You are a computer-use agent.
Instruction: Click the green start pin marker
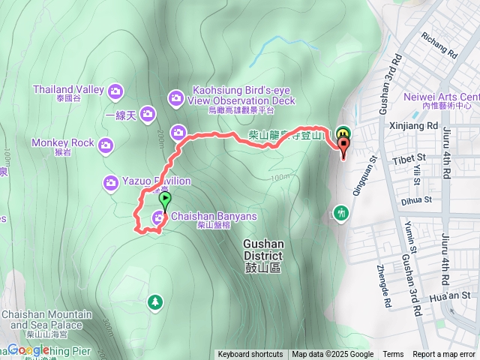click(x=165, y=201)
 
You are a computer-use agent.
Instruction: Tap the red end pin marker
click(x=344, y=148)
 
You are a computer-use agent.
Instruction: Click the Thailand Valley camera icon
click(x=115, y=91)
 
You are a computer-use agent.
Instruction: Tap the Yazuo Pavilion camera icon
click(x=111, y=181)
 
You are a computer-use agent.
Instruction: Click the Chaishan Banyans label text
click(x=214, y=217)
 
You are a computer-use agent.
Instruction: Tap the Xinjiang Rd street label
click(x=413, y=127)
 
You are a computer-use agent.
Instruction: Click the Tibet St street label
click(x=409, y=159)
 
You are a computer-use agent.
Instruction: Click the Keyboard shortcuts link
click(x=250, y=355)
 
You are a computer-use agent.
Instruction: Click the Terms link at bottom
click(x=393, y=355)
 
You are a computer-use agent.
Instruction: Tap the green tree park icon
click(x=155, y=301)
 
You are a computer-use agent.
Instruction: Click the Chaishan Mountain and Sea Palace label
click(x=46, y=319)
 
